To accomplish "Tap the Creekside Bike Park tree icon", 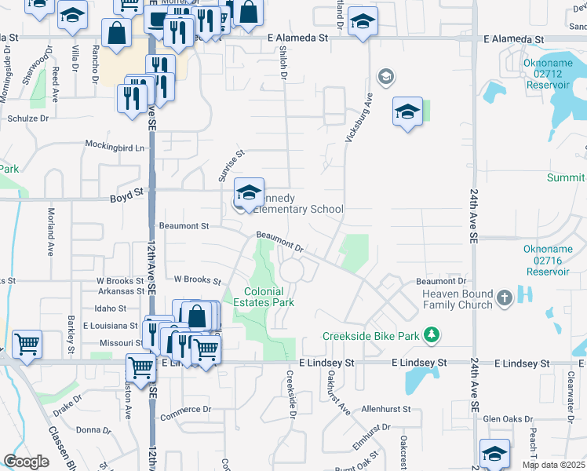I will (x=430, y=336).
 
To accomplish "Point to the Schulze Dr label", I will (x=28, y=118).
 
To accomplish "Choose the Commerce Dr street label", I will (x=185, y=409).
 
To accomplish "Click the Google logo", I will (x=26, y=461).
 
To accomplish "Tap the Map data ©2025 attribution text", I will (x=553, y=465).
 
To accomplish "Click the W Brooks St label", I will (x=197, y=279).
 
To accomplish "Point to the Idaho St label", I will (x=111, y=309).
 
